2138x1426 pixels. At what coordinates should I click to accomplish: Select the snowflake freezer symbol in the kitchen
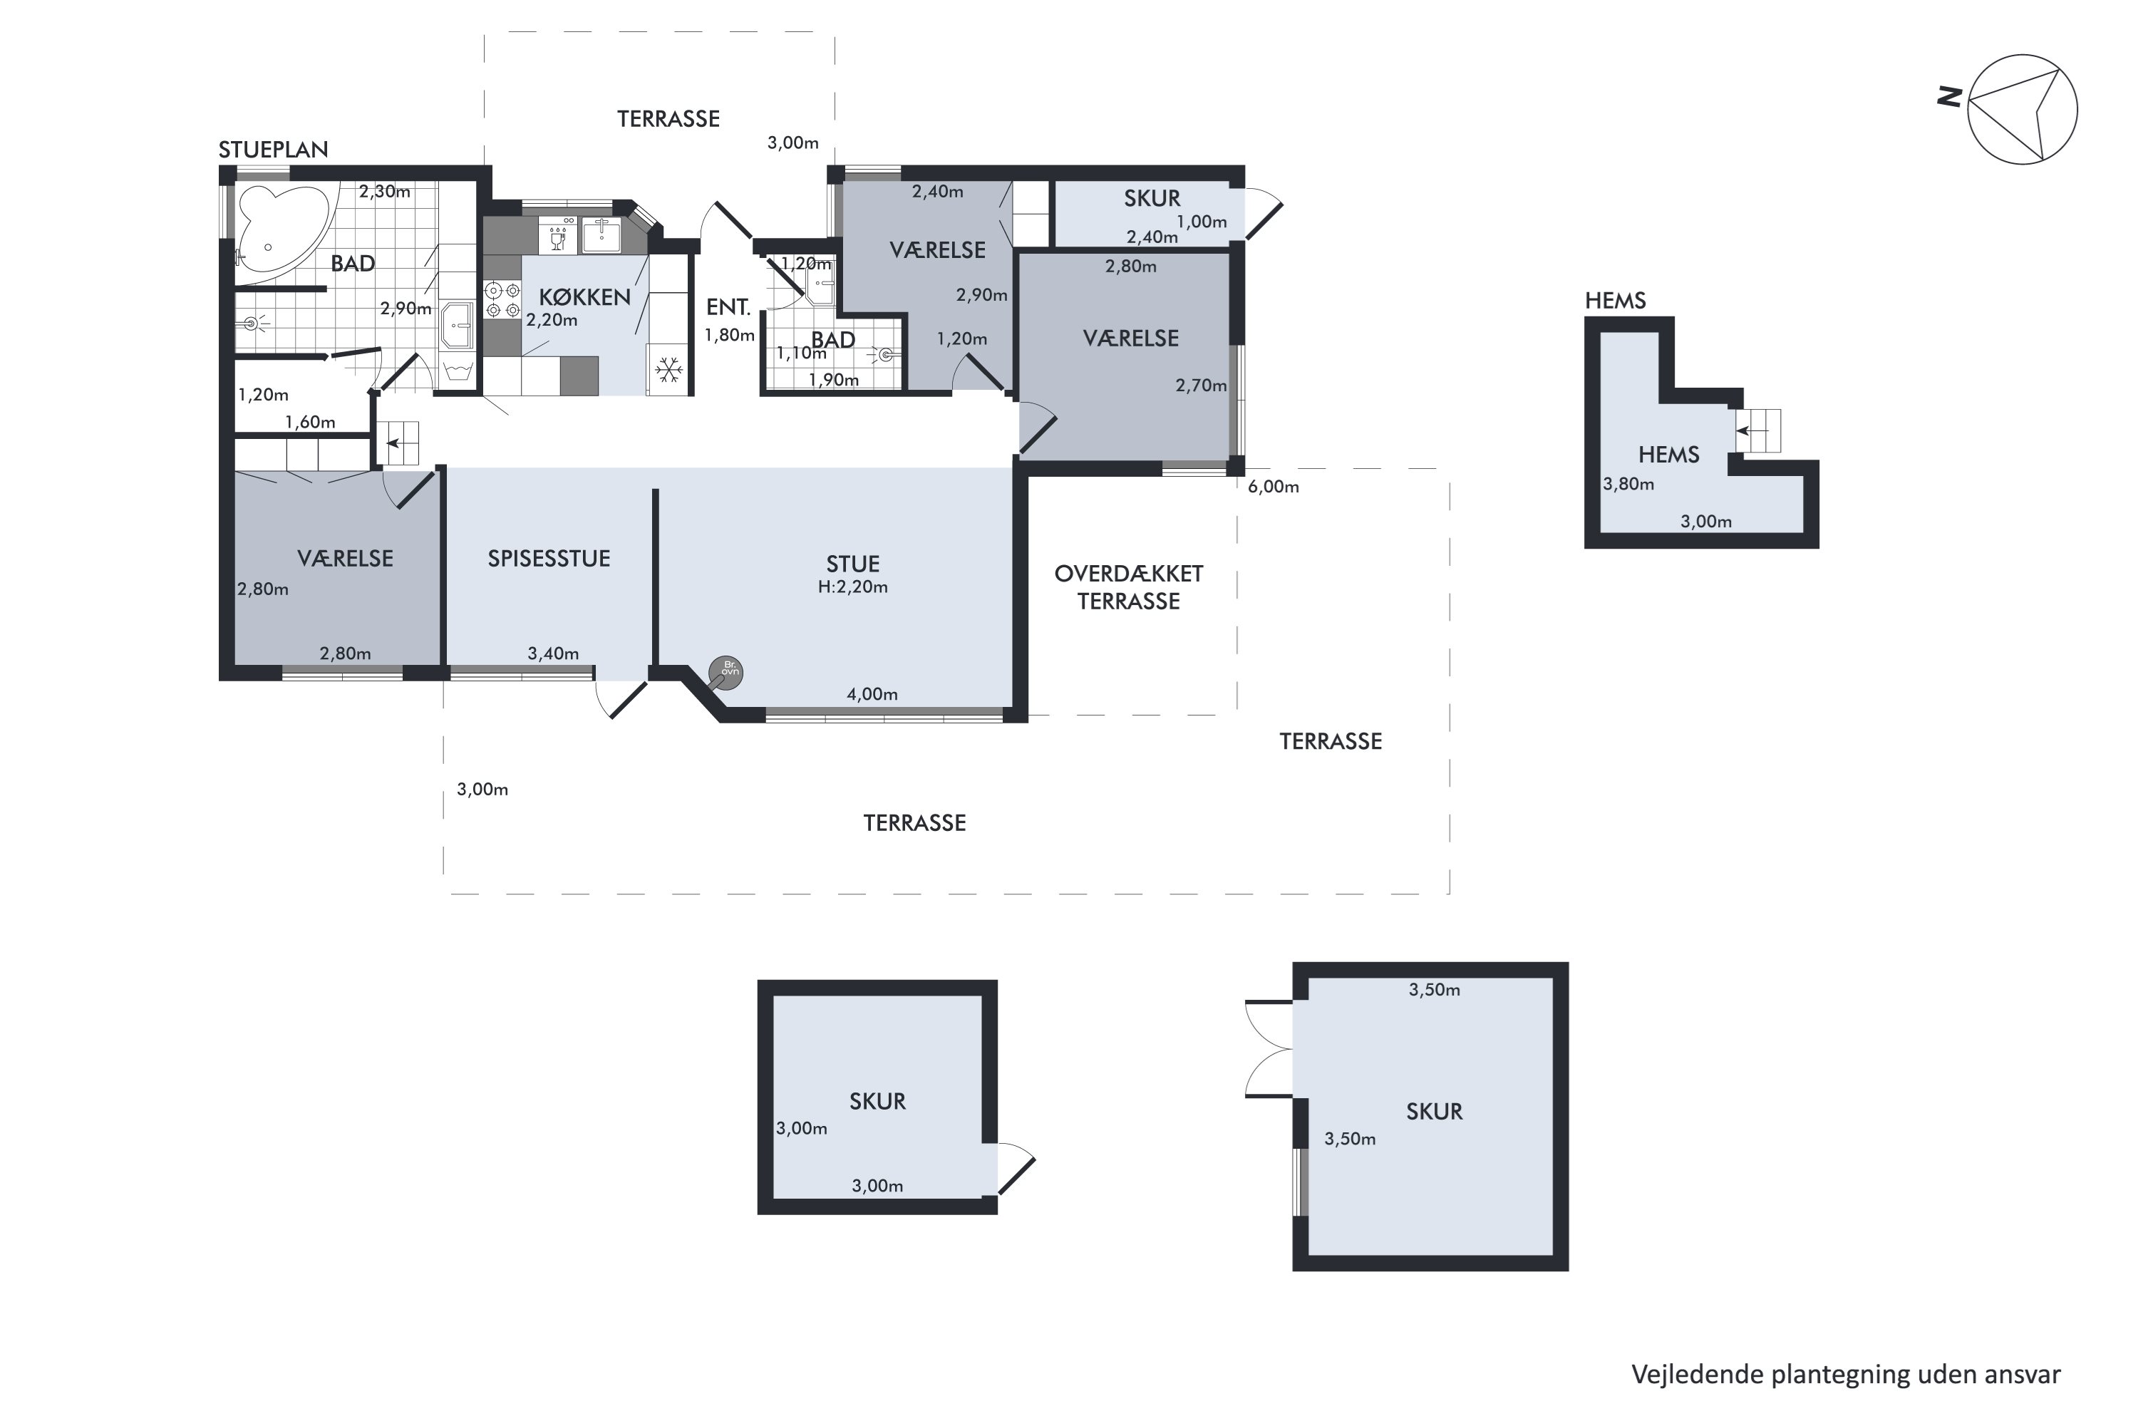669,369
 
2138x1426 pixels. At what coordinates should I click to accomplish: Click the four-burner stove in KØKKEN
501,301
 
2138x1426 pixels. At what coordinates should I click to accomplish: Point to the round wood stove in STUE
725,673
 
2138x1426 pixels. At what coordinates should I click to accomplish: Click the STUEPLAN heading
273,149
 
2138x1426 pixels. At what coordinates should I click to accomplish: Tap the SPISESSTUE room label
548,559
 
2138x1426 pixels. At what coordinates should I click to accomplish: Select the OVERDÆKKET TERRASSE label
1129,587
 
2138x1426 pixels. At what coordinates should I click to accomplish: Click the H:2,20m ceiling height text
852,587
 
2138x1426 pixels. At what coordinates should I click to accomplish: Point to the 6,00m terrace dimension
1273,487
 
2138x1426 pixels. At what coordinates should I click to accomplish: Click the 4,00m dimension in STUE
872,695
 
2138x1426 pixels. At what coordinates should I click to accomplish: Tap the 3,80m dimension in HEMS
1628,485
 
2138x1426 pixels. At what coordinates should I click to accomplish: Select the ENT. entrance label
728,307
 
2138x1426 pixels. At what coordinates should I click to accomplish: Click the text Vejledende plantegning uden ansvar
1846,1374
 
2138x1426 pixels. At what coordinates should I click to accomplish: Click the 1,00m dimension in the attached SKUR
1202,222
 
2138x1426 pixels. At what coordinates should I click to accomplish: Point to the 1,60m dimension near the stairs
310,422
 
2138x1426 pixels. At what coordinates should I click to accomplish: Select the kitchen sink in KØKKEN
601,236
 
